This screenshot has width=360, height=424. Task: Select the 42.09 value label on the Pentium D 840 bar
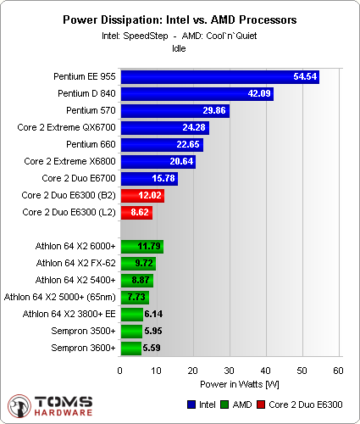coord(258,93)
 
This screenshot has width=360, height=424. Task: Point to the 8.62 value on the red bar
coord(140,212)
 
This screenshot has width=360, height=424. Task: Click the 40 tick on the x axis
coord(265,371)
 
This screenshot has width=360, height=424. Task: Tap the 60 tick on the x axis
coord(338,371)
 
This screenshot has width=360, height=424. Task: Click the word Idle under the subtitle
coord(179,48)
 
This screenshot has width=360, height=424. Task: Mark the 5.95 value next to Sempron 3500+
coord(152,331)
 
